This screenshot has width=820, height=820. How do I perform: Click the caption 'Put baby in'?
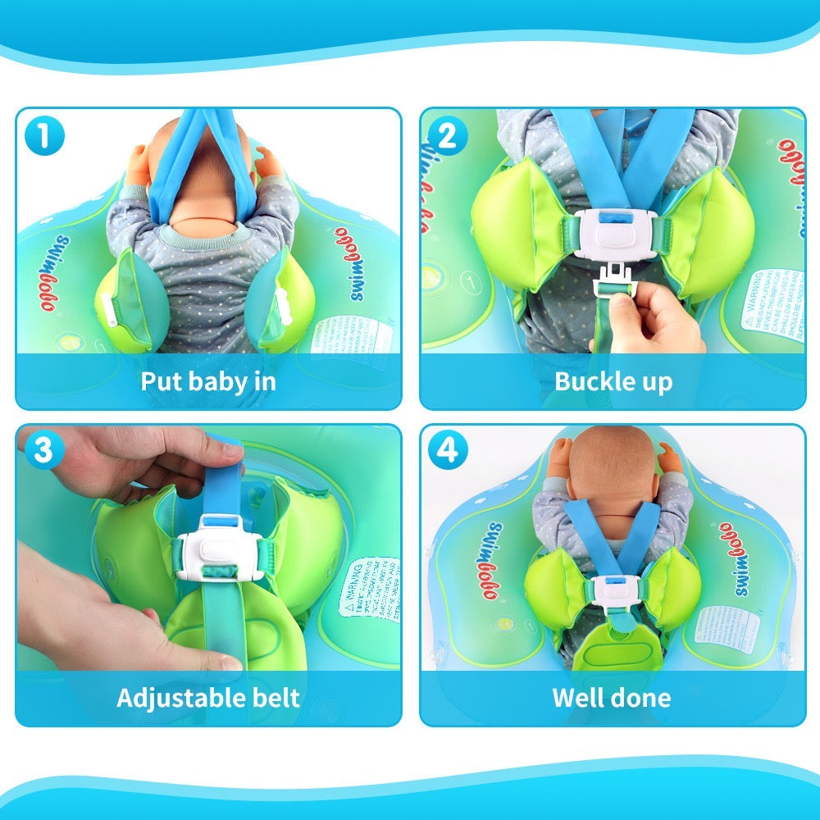point(208,381)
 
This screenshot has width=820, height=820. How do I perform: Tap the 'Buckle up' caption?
point(613,381)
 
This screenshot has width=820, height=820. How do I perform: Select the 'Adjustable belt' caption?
point(208,698)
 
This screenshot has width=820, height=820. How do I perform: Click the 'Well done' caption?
point(612,698)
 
